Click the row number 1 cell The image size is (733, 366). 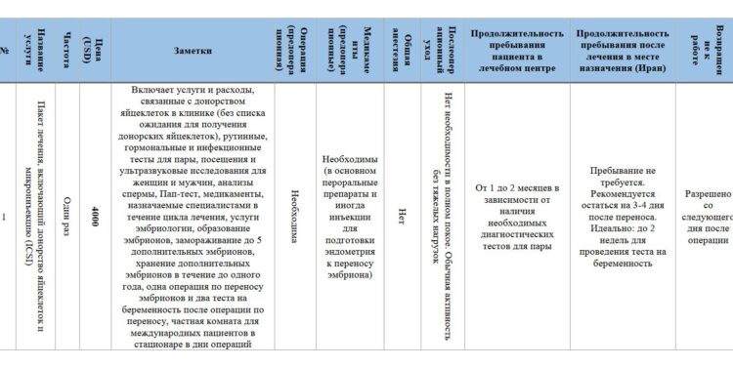click(7, 217)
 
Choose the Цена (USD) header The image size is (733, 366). click(93, 45)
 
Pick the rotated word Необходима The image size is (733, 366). click(295, 216)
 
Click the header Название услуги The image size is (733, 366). click(34, 45)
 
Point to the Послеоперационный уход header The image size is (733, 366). click(442, 45)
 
